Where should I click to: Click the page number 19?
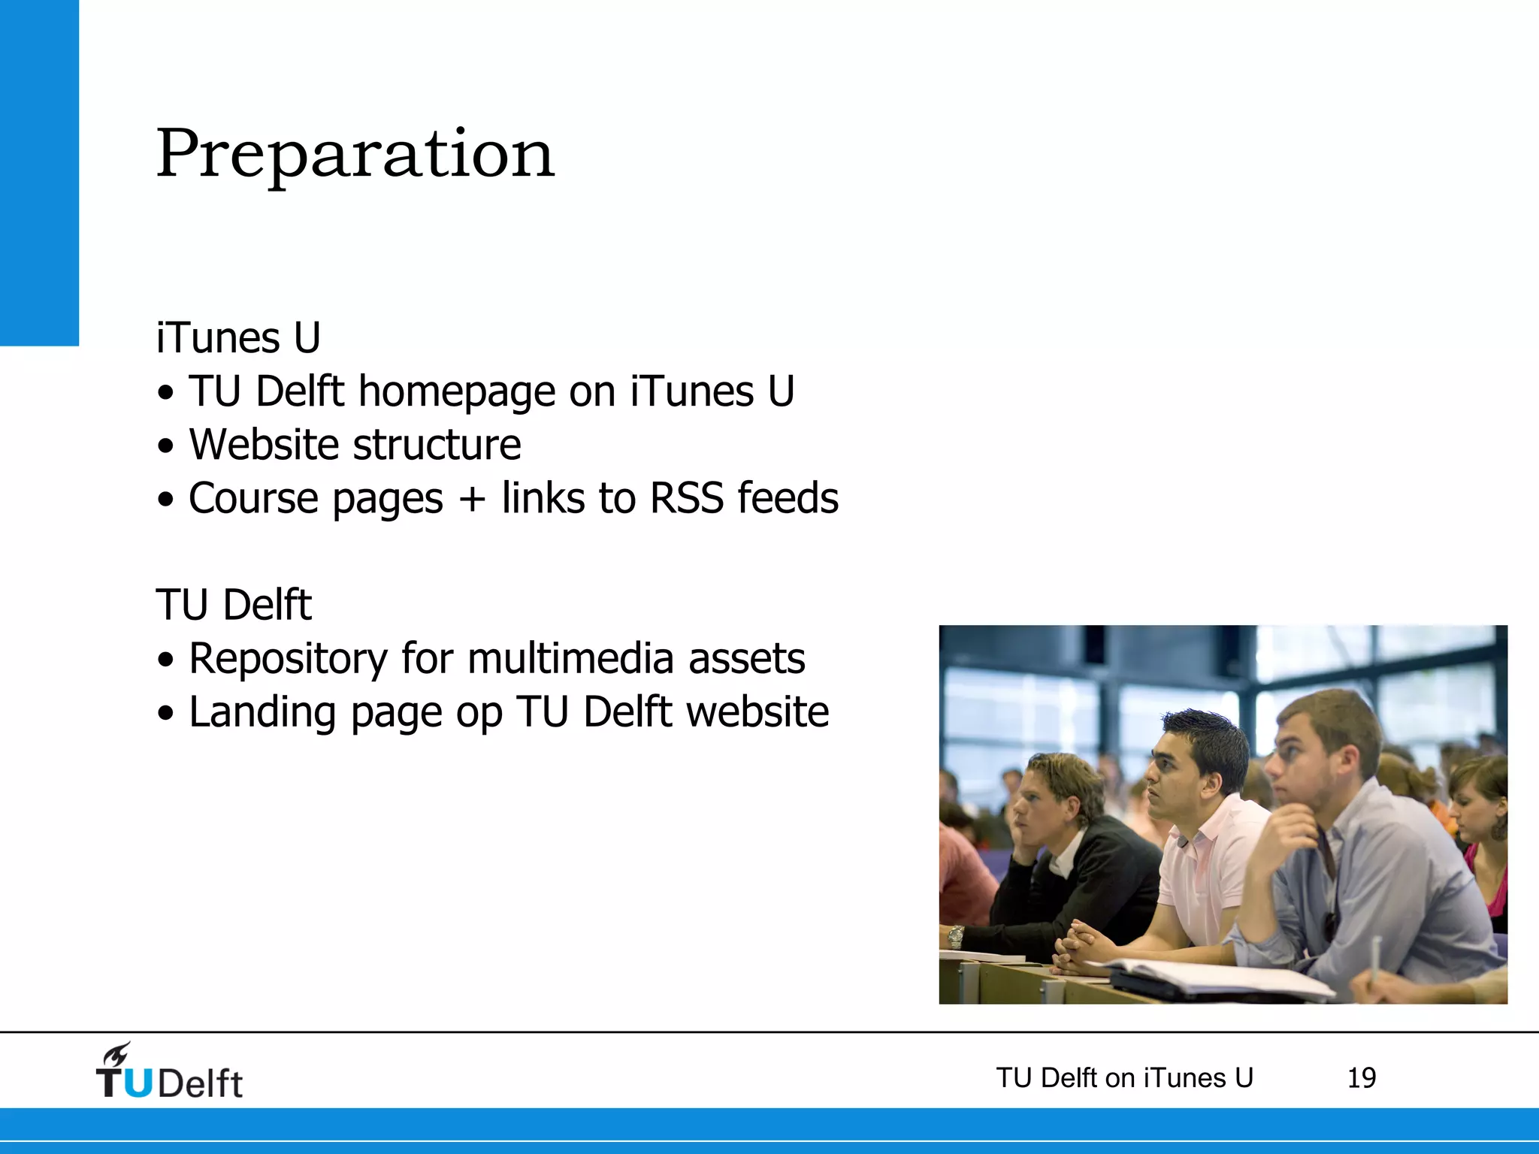pyautogui.click(x=1361, y=1078)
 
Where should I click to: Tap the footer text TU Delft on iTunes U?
pyautogui.click(x=1124, y=1078)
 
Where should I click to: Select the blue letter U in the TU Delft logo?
pyautogui.click(x=138, y=1083)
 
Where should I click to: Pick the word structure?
pyautogui.click(x=437, y=445)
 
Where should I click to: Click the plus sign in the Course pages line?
pyautogui.click(x=472, y=500)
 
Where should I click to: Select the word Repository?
pyautogui.click(x=288, y=659)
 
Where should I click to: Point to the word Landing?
pyautogui.click(x=262, y=713)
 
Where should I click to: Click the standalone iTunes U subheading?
pyautogui.click(x=238, y=337)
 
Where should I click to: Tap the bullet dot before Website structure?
pyautogui.click(x=165, y=446)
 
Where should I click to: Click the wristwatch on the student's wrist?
pyautogui.click(x=956, y=936)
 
